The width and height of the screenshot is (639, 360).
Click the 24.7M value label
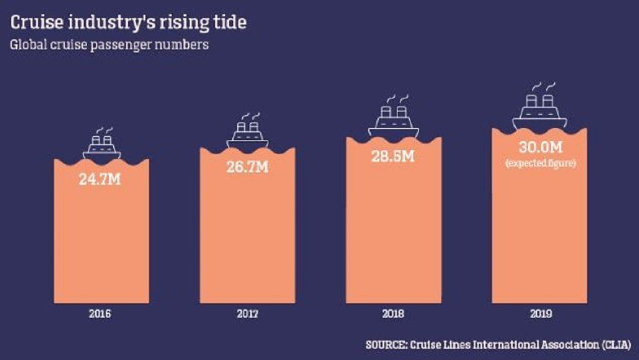100,180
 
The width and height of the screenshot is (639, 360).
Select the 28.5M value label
393,156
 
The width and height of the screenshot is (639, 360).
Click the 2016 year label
100,314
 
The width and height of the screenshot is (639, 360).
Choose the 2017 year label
248,314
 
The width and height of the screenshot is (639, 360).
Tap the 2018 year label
393,314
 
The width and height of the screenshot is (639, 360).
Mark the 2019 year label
540,314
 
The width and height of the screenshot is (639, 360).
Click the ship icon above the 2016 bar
102,144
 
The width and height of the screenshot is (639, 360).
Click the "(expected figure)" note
540,163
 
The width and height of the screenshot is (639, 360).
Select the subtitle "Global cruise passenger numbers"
109,45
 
